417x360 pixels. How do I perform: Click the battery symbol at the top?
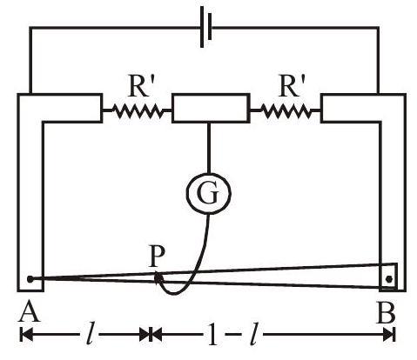[x=205, y=28]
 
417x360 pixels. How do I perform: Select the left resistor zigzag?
[x=137, y=110]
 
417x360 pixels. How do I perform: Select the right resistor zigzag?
[x=286, y=110]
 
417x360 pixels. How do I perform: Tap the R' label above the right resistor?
[x=289, y=86]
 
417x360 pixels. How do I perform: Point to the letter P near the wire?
[x=157, y=257]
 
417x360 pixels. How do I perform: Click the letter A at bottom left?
[x=29, y=311]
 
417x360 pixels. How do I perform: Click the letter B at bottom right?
[x=386, y=312]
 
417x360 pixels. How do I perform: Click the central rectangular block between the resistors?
[x=211, y=108]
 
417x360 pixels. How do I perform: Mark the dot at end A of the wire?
[x=30, y=279]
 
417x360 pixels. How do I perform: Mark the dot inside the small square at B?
[x=389, y=279]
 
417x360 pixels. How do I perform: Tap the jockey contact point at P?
[x=158, y=277]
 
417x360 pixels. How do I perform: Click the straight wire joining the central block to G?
[x=208, y=148]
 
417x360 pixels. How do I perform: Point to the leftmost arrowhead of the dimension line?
[x=26, y=335]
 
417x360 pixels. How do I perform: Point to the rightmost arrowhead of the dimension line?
[x=388, y=335]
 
